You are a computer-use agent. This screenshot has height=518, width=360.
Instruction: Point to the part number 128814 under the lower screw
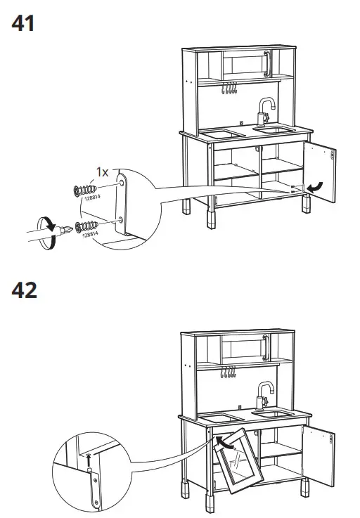(x=90, y=236)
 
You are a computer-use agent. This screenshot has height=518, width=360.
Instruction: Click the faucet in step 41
(x=265, y=110)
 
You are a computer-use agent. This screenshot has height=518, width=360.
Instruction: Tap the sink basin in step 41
(x=274, y=130)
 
